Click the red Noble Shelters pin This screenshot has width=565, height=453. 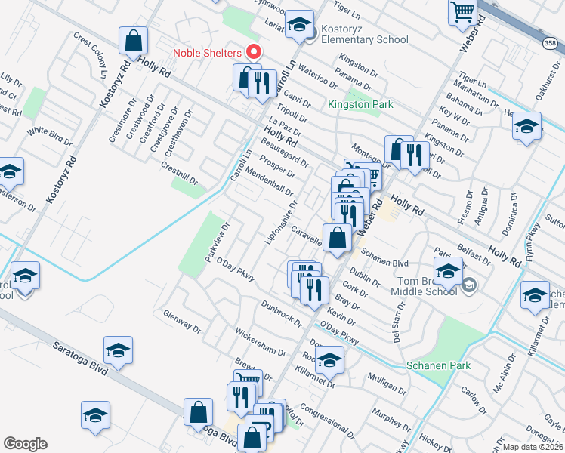[x=254, y=53]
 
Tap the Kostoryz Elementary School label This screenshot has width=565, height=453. [x=363, y=34]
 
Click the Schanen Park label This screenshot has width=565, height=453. [x=438, y=365]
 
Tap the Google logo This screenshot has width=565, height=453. [x=25, y=443]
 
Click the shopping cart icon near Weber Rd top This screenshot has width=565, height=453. [x=462, y=12]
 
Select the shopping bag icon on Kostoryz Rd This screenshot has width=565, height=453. [x=133, y=42]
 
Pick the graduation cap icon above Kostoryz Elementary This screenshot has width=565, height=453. [x=300, y=24]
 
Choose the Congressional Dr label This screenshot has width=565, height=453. [x=326, y=420]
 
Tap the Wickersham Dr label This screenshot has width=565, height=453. [x=261, y=341]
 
